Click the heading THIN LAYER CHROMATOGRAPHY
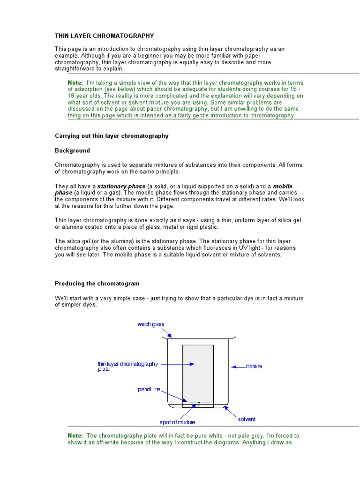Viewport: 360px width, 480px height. click(104, 36)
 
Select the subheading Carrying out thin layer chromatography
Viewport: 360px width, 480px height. click(112, 136)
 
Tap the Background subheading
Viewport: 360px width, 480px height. click(72, 151)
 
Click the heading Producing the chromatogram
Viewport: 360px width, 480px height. click(97, 284)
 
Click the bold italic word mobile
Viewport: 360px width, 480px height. click(283, 186)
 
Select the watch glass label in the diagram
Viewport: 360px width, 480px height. click(151, 324)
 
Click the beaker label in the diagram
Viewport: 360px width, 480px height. click(254, 366)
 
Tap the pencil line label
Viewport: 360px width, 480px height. click(149, 389)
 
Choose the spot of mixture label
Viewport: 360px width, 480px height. click(177, 422)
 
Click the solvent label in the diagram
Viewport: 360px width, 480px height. click(247, 419)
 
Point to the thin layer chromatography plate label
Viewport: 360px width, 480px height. click(127, 366)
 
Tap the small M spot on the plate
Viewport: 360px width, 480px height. click(198, 404)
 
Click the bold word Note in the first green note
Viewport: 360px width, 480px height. click(75, 82)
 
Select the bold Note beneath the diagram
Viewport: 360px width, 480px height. click(75, 435)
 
